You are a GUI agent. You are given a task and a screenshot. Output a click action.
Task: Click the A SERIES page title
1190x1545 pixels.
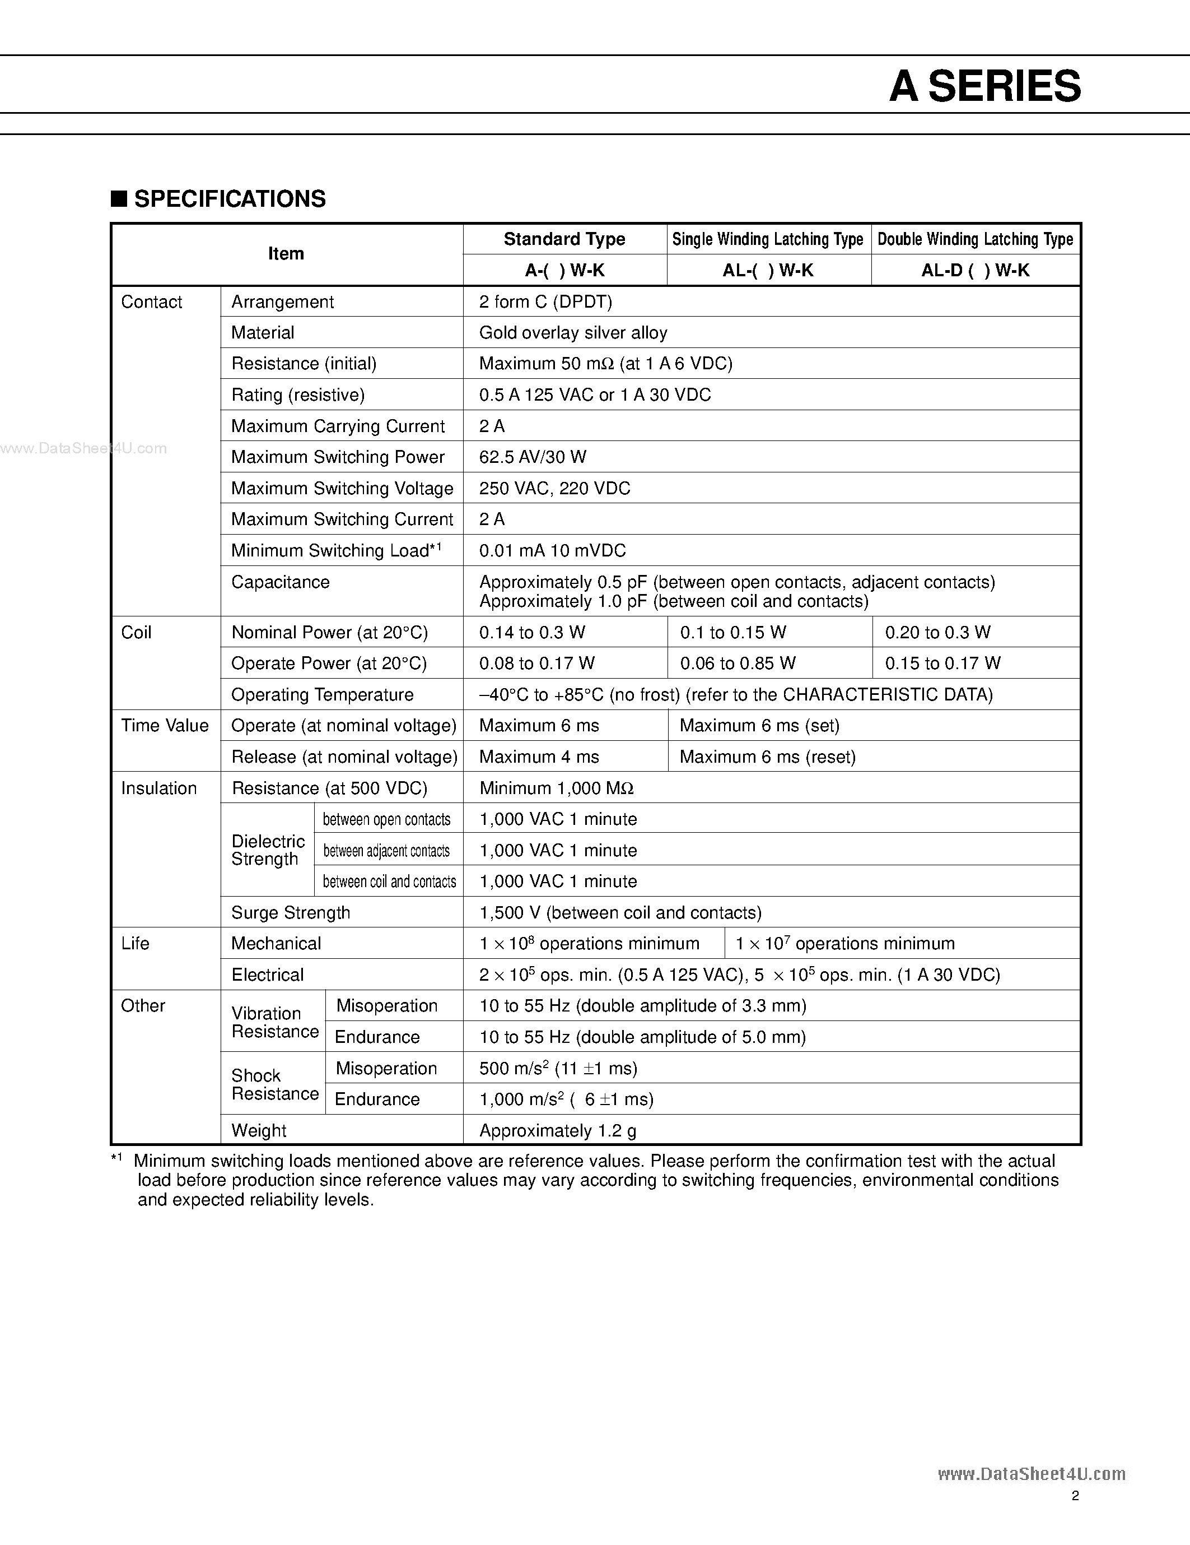[x=985, y=86]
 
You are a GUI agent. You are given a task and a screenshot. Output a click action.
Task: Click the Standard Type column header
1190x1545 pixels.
[x=564, y=239]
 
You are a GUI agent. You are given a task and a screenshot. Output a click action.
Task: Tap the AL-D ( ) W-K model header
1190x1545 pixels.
[x=975, y=270]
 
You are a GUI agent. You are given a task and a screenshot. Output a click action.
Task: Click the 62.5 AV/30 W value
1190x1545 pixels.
[x=533, y=457]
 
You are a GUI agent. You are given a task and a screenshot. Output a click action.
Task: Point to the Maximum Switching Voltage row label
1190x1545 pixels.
[x=342, y=488]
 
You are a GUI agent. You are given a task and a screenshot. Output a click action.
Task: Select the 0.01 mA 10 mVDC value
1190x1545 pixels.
[x=552, y=550]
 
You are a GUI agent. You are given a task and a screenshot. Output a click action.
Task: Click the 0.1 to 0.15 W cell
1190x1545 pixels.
[x=732, y=633]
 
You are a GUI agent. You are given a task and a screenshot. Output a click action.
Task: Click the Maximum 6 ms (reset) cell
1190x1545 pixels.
[x=767, y=757]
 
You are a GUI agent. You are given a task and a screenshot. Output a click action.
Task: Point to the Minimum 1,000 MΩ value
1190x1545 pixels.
[x=556, y=788]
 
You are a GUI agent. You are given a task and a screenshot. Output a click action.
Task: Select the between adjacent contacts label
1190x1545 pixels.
[x=386, y=850]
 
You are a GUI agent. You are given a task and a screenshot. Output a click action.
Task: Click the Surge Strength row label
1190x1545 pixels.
[x=291, y=912]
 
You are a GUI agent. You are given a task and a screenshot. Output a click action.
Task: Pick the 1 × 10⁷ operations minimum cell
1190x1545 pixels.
[x=845, y=944]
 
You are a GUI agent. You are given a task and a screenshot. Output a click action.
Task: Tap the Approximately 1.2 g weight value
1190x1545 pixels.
[x=557, y=1130]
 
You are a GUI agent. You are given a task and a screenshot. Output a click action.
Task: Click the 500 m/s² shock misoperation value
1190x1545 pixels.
[x=558, y=1068]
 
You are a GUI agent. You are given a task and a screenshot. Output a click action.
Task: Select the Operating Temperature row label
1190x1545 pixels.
[x=323, y=695]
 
